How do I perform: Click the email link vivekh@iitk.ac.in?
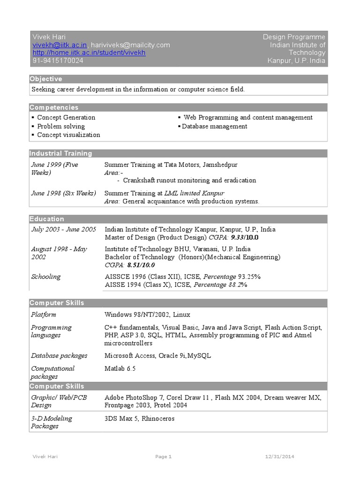[x=59, y=45]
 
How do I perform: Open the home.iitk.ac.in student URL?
[x=89, y=53]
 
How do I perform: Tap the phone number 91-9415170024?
[x=58, y=61]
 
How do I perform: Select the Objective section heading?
[x=46, y=79]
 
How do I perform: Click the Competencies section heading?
[x=54, y=107]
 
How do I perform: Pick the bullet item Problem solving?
[x=61, y=126]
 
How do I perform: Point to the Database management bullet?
[x=214, y=126]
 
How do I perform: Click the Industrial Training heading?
[x=61, y=153]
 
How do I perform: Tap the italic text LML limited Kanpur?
[x=194, y=193]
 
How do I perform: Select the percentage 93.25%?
[x=249, y=277]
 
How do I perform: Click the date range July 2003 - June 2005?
[x=63, y=230]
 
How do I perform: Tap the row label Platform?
[x=44, y=315]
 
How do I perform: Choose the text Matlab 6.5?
[x=120, y=368]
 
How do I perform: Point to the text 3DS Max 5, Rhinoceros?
[x=139, y=418]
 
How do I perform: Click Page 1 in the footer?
[x=164, y=457]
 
